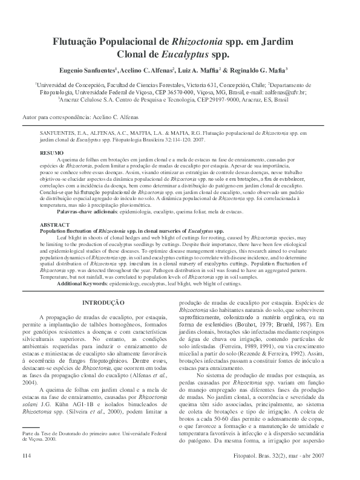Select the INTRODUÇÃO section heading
[x=103, y=302]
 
